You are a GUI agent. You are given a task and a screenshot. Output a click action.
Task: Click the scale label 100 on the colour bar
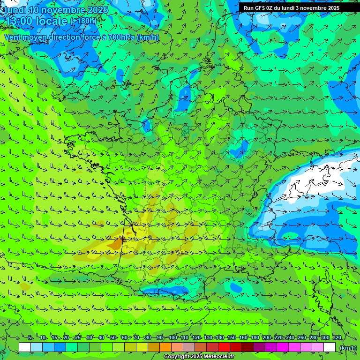coord(173,337)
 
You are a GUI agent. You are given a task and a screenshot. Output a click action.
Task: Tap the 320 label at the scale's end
coord(337,337)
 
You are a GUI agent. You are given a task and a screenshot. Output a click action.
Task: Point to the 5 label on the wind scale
coord(30,337)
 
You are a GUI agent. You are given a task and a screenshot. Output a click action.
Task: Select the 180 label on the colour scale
coord(255,337)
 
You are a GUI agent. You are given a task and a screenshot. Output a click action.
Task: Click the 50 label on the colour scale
coord(113,337)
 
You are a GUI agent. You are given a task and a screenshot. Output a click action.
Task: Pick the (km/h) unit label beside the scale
coord(348,347)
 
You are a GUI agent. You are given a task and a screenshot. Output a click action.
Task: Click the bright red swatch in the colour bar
coord(224,347)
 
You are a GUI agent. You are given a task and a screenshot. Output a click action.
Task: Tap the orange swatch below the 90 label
coord(165,347)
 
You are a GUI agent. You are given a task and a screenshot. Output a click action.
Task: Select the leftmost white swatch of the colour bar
coord(25,347)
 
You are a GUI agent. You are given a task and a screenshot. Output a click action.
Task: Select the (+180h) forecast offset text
coord(83,21)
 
